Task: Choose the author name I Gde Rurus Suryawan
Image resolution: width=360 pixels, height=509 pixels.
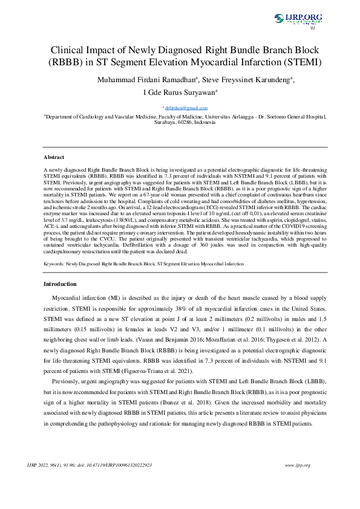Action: (x=180, y=93)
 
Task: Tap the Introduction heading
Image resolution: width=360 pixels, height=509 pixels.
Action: (x=60, y=284)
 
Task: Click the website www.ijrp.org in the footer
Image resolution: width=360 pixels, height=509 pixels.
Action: (x=297, y=465)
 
